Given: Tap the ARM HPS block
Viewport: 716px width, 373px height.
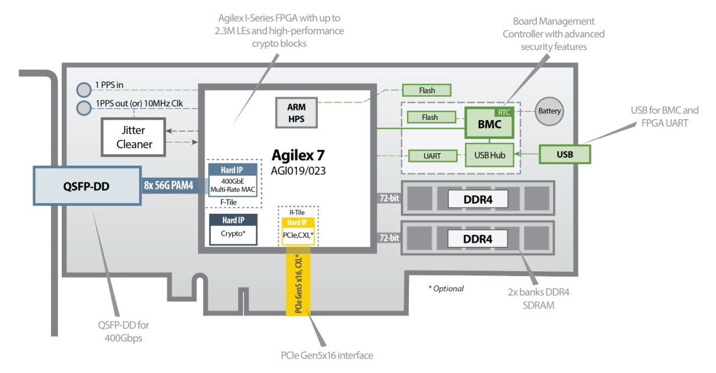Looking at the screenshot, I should [x=296, y=112].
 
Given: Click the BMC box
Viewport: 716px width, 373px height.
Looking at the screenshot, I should [x=489, y=125].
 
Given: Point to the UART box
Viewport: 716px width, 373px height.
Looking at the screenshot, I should [x=432, y=156].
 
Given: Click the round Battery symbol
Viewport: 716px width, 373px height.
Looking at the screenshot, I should [x=549, y=111].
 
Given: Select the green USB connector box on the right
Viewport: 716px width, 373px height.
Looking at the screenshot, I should [x=565, y=154].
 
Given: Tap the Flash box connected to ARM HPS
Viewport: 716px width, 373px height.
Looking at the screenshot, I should [x=427, y=90].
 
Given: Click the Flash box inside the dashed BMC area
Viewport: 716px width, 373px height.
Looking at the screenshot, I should [x=430, y=117].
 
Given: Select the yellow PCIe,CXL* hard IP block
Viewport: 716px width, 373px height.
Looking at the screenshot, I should [x=297, y=231].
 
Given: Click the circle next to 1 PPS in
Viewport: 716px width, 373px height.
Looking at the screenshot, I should [x=83, y=89].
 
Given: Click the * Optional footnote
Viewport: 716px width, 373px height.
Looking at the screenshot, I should [x=446, y=288].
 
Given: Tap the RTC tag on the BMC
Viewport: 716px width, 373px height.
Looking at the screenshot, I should [x=504, y=112].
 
